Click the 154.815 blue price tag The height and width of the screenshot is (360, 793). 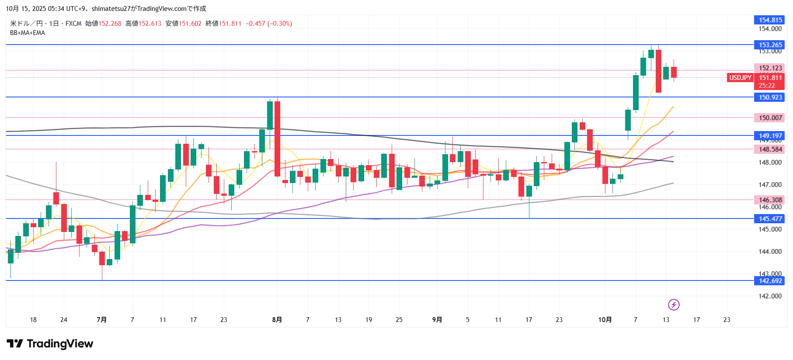(x=769, y=20)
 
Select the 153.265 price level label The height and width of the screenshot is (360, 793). (x=769, y=45)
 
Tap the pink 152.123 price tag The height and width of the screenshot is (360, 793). (x=769, y=68)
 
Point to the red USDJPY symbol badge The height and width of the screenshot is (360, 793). (x=740, y=78)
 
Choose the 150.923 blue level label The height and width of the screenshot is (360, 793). (x=769, y=97)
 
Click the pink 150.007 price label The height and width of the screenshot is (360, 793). (x=769, y=118)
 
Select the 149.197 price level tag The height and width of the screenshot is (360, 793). (x=769, y=135)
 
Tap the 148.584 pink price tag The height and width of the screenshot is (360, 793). (x=769, y=149)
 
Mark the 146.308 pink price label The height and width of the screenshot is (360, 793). (x=769, y=200)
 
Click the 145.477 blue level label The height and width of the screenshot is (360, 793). (x=769, y=218)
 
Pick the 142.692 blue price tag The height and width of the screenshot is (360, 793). (x=769, y=280)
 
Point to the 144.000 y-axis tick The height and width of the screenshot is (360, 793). (x=770, y=251)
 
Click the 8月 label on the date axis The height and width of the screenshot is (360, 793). (x=277, y=320)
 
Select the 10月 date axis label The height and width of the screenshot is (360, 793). (x=605, y=320)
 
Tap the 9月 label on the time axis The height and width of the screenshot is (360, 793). (x=437, y=320)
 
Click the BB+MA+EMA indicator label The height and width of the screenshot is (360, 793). (x=28, y=33)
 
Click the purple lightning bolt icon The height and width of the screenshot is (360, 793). (x=674, y=305)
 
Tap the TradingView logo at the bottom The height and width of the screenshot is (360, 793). (x=50, y=344)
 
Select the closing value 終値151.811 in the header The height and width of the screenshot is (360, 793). (x=223, y=24)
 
